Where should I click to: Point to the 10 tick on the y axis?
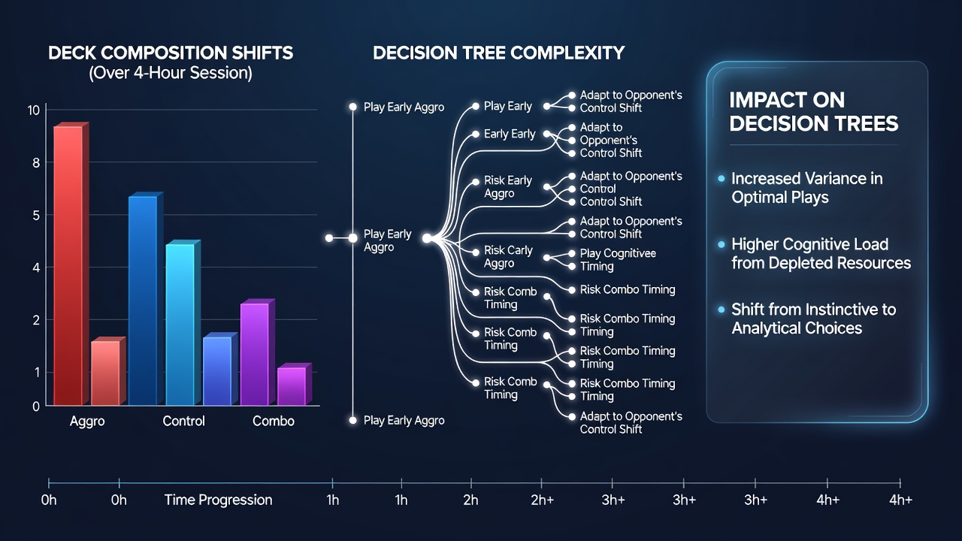[x=34, y=110]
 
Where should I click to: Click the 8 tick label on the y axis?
[x=36, y=163]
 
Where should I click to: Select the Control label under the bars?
[x=184, y=421]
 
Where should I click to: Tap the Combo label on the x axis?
[x=274, y=421]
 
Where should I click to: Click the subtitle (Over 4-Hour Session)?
[x=171, y=73]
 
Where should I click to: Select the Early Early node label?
[x=510, y=134]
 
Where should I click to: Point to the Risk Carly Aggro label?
[x=508, y=256]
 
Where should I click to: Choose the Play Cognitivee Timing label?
[x=618, y=260]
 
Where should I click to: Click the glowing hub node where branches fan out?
[x=427, y=238]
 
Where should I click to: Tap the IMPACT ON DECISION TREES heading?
[x=813, y=112]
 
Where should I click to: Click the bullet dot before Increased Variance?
[x=721, y=179]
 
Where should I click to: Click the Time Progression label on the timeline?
[x=218, y=500]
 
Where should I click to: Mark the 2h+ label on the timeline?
[x=543, y=500]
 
